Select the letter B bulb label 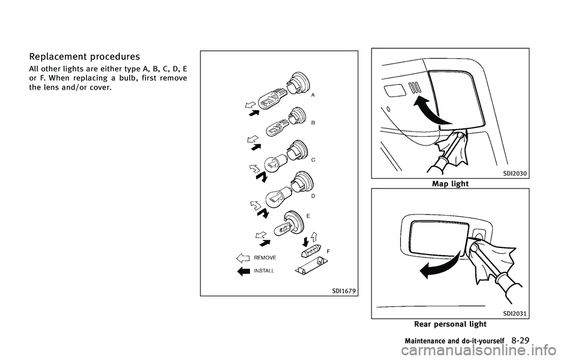313,124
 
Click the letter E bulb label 308,216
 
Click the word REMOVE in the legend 265,258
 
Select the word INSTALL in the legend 264,270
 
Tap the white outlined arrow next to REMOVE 243,258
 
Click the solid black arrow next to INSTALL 243,271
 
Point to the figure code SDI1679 344,290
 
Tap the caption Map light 450,184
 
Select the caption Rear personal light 450,324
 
